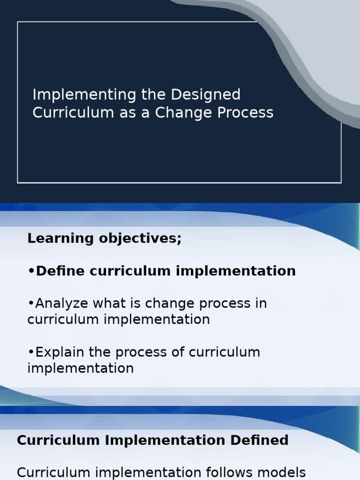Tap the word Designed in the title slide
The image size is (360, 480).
point(206,95)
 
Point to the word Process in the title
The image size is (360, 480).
point(248,113)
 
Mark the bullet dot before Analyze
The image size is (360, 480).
point(31,303)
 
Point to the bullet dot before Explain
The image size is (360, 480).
point(31,352)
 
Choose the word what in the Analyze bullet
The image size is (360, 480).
point(109,303)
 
